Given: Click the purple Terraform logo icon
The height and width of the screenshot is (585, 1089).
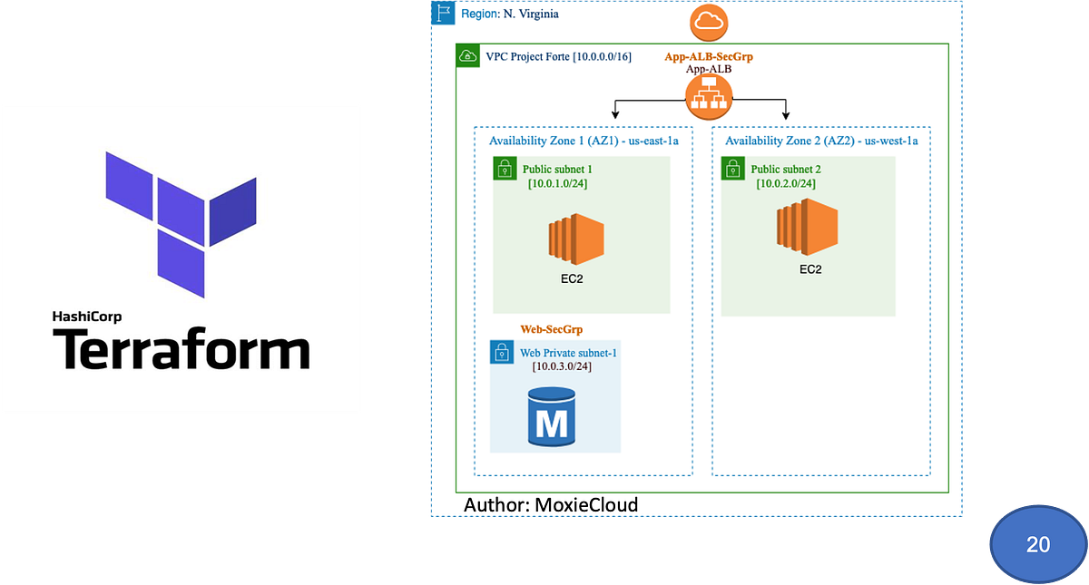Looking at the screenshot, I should tap(181, 222).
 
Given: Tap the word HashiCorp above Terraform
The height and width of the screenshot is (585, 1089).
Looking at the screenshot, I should tap(87, 317).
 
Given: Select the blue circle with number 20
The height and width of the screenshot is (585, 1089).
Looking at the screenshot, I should tap(1037, 543).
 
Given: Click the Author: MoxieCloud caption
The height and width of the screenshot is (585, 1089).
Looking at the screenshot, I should tap(551, 504).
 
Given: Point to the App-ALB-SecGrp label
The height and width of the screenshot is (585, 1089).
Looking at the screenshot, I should tap(709, 56).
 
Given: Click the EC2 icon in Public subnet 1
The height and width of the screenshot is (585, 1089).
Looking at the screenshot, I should tap(575, 239).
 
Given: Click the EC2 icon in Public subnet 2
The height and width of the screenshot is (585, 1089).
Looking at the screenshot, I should tap(804, 228).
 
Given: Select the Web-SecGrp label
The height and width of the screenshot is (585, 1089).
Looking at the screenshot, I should tap(551, 328).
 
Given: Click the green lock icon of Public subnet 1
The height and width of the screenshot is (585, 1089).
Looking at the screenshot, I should tap(505, 169).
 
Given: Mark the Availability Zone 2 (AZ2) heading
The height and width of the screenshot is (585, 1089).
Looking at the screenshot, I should tap(821, 141).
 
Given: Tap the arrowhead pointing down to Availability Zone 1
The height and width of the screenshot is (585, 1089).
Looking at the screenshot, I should tap(616, 114).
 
